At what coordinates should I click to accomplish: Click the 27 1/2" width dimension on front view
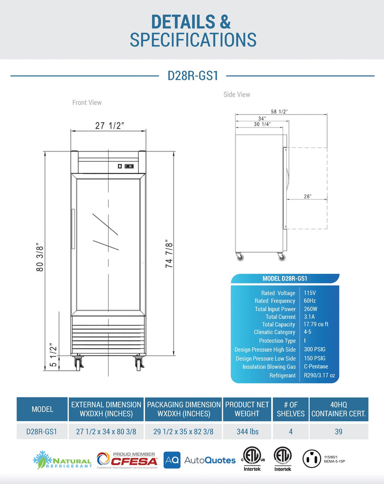tap(109, 126)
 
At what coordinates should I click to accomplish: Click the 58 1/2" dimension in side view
tap(279, 112)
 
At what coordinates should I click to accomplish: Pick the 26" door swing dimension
tap(307, 196)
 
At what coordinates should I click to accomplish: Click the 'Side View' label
tap(237, 95)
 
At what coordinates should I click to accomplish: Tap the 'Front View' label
tap(87, 103)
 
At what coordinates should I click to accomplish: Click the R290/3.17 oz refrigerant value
tap(320, 376)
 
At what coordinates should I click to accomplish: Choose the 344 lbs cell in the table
tap(247, 432)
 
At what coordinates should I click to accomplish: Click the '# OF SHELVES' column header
tap(290, 409)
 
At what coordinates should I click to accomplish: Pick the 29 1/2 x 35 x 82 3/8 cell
tap(183, 432)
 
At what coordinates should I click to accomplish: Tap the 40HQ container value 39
tap(338, 432)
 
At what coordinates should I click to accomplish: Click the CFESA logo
tap(127, 459)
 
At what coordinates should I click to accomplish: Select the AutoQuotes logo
tap(200, 460)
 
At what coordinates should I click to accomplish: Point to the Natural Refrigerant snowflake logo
tap(42, 458)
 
